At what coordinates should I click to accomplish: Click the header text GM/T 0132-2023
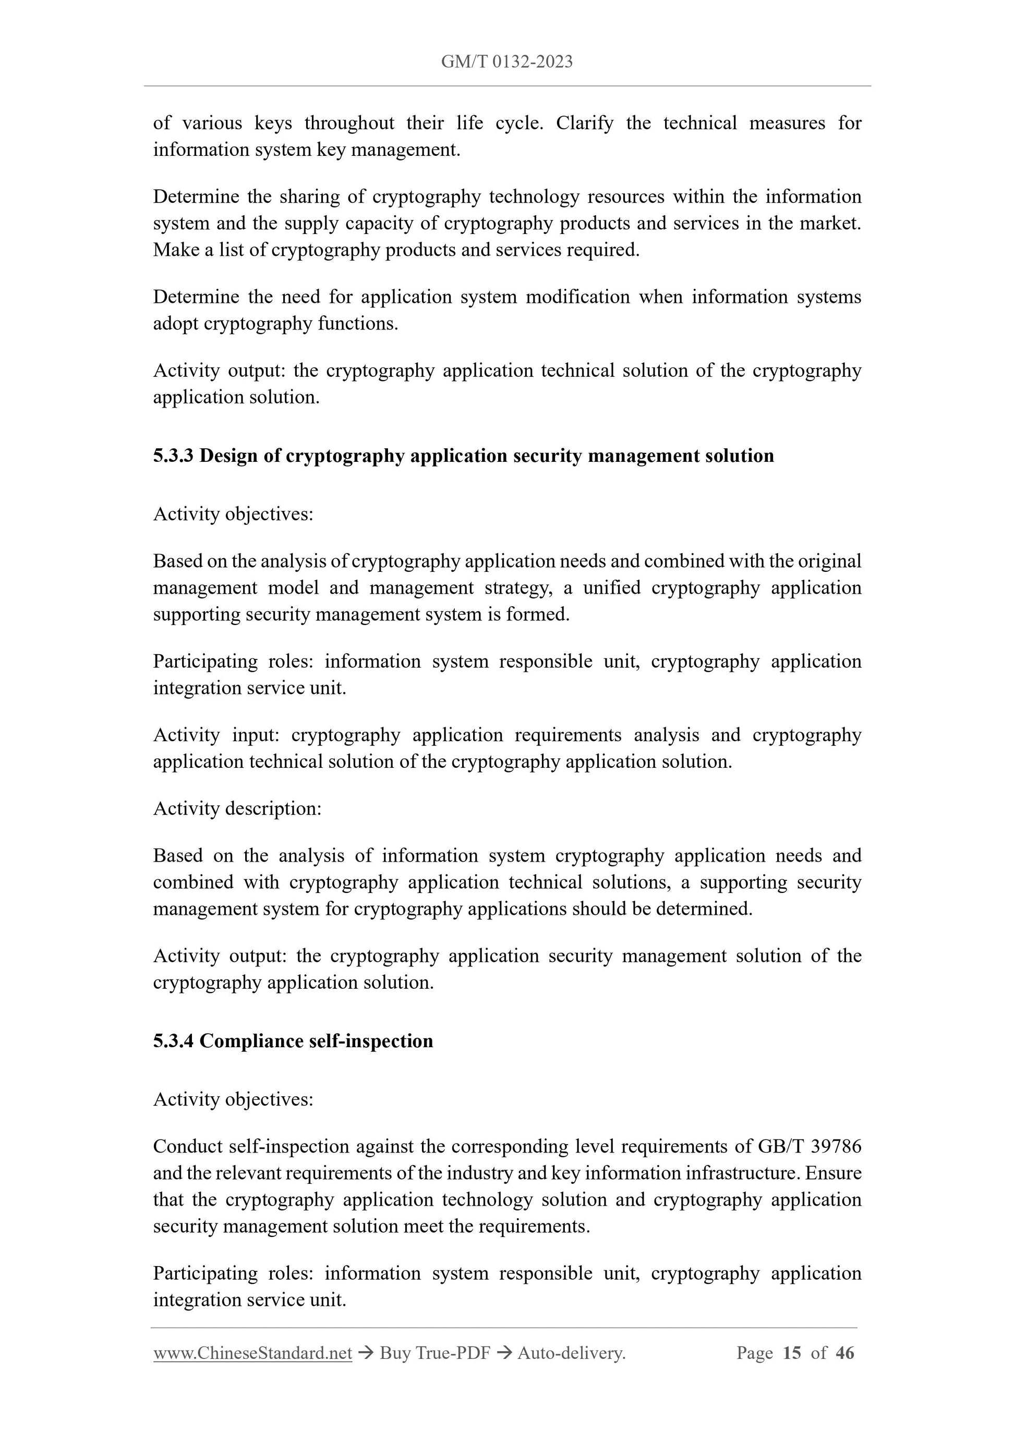[506, 62]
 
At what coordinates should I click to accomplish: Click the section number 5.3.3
[173, 456]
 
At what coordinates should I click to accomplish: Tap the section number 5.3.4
[173, 1040]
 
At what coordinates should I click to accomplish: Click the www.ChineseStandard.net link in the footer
[252, 1353]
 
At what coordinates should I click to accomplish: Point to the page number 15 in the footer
[791, 1353]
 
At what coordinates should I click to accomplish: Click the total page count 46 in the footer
[844, 1353]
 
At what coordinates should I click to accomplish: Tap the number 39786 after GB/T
[836, 1146]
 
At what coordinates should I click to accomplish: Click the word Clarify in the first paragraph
[585, 122]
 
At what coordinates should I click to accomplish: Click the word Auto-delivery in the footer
[571, 1353]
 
